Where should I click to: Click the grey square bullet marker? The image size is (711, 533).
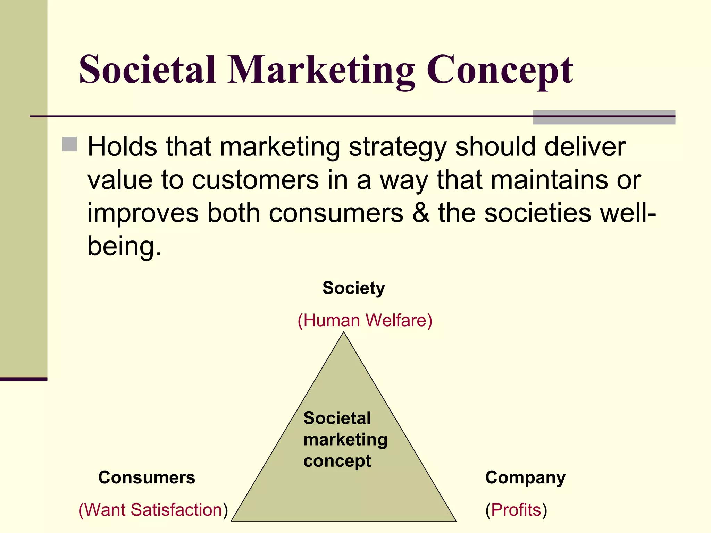pos(69,144)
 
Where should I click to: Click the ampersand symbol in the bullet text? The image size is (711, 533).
pos(421,213)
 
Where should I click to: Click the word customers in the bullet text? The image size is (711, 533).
pos(255,180)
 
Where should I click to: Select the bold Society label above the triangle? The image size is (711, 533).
pos(353,288)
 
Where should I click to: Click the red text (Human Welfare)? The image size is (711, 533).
pos(365,320)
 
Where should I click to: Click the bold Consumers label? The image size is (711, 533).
pos(147,477)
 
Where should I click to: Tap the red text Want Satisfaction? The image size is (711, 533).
pos(153,510)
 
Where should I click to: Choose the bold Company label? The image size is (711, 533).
pos(525,478)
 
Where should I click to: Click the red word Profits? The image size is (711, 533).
pos(516,510)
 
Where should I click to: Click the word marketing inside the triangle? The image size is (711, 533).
pos(345,440)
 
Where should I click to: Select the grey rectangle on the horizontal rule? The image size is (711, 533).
pos(604,117)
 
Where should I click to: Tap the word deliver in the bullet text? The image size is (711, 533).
pos(585,146)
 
